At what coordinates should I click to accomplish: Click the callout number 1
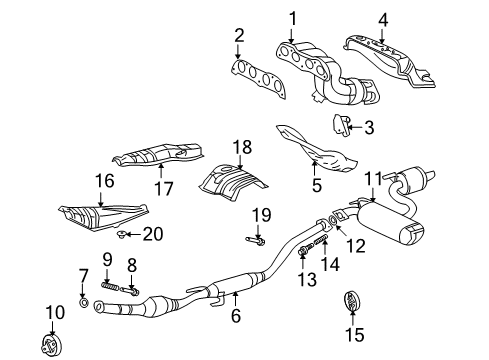click(x=293, y=17)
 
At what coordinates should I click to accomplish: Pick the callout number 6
click(x=236, y=317)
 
